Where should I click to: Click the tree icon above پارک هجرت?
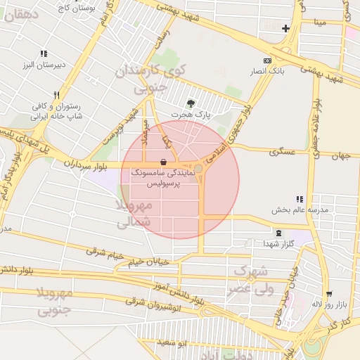[191, 103]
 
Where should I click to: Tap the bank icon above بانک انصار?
[266, 61]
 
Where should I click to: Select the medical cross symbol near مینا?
[285, 29]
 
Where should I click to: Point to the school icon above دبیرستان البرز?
[44, 53]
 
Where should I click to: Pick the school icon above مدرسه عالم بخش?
[300, 200]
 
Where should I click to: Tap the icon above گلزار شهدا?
[279, 233]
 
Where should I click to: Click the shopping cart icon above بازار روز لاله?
[330, 295]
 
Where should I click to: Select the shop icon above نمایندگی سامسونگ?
[163, 162]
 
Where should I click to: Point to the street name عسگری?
[283, 152]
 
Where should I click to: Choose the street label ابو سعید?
[172, 342]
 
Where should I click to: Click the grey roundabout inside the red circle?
[199, 169]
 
